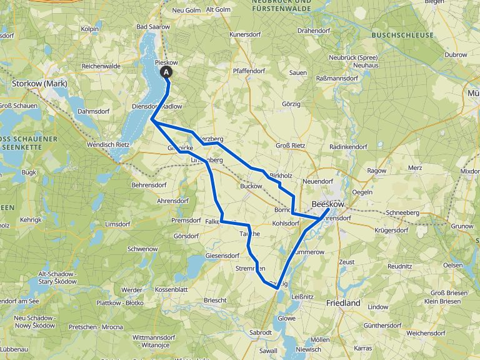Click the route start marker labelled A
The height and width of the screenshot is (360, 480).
click(x=167, y=72)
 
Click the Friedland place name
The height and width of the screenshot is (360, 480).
click(x=343, y=302)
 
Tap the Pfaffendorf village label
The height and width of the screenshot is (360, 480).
click(x=249, y=71)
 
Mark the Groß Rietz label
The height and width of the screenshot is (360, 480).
click(x=291, y=146)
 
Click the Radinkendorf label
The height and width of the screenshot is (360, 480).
click(x=348, y=146)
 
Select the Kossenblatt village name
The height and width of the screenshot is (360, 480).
click(x=171, y=291)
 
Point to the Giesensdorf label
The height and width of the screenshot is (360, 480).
click(x=222, y=256)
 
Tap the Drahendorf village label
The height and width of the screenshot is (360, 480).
click(x=314, y=30)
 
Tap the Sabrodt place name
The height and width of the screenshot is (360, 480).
click(x=261, y=332)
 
